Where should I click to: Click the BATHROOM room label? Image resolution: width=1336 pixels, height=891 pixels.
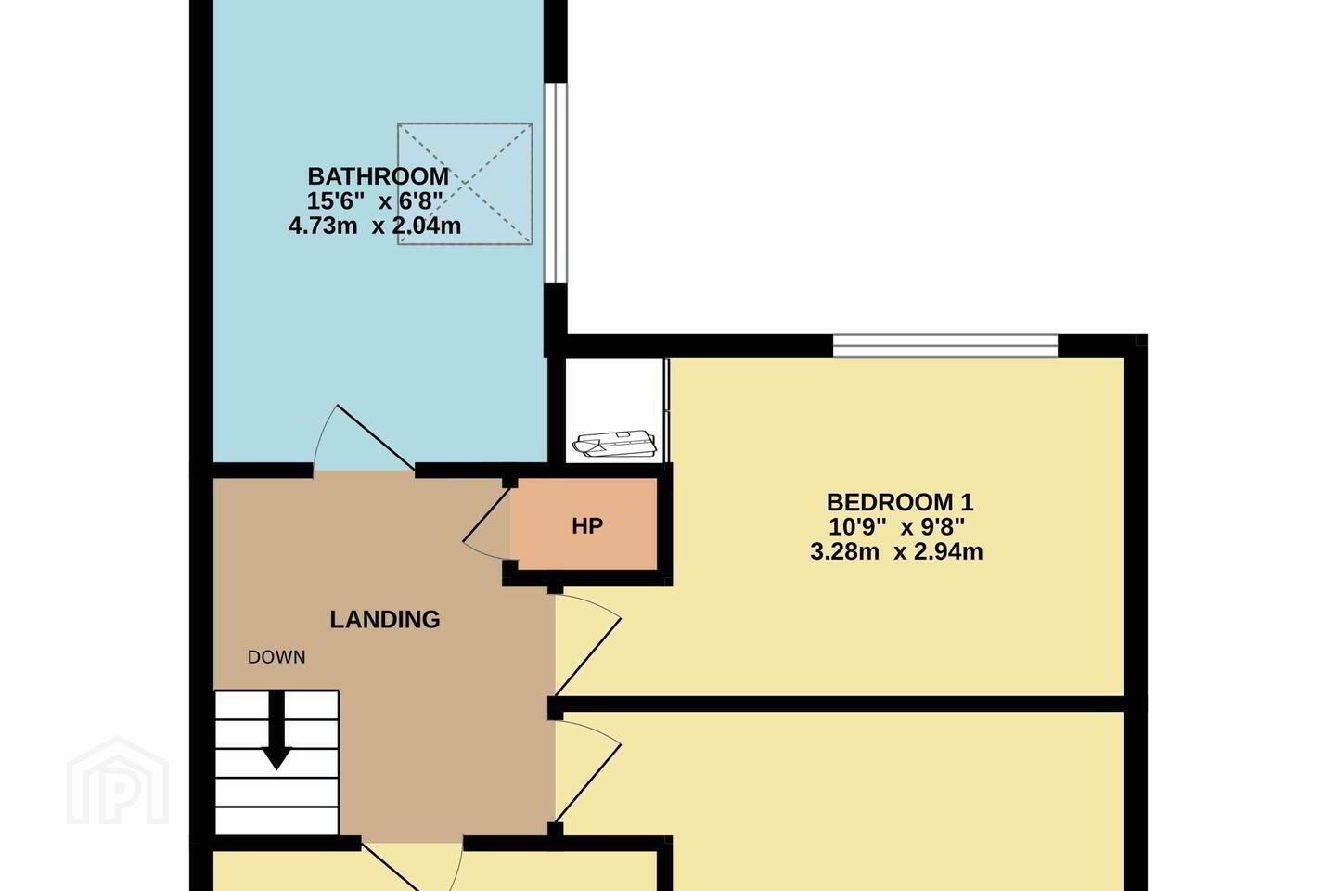tap(379, 176)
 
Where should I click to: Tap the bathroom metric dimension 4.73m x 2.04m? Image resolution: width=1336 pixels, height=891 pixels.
tap(375, 226)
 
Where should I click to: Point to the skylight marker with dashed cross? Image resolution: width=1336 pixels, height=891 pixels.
tap(465, 184)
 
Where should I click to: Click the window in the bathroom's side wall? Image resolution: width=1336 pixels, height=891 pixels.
tap(556, 183)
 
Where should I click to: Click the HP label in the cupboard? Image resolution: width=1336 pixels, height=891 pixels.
tap(587, 525)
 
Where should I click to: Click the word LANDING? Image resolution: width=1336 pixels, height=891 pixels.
tap(385, 619)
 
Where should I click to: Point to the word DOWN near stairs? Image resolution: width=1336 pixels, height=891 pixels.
tap(276, 657)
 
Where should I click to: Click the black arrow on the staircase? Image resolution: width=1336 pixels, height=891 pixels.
tap(276, 730)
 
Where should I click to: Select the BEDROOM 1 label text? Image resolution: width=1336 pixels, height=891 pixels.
tap(900, 502)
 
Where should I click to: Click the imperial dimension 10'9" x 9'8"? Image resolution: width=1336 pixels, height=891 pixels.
tap(897, 527)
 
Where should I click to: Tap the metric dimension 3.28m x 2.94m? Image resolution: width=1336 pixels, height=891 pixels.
tap(896, 552)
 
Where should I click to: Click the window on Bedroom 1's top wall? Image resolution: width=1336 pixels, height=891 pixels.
tap(945, 346)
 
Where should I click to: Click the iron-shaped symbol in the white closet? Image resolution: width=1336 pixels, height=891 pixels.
tap(614, 443)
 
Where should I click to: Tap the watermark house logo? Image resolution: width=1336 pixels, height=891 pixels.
tap(118, 781)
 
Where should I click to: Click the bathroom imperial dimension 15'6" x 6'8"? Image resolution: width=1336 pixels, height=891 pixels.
tap(375, 201)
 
